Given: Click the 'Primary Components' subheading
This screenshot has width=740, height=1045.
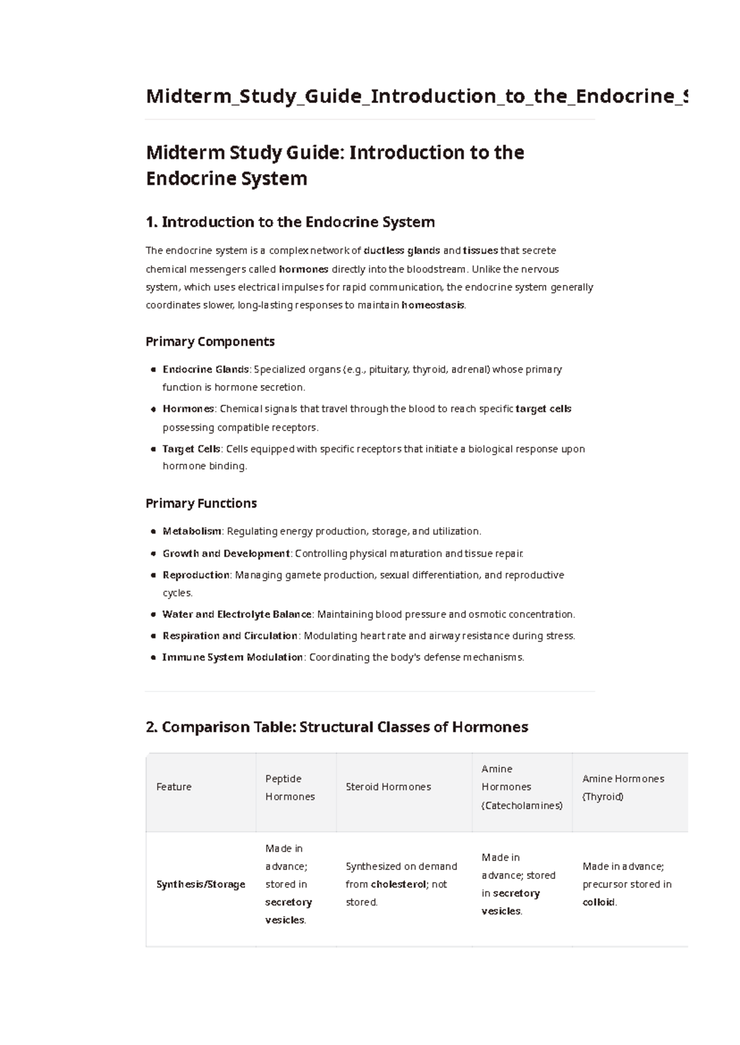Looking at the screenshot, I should click(x=210, y=342).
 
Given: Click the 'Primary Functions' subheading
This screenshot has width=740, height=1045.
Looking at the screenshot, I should click(x=201, y=503).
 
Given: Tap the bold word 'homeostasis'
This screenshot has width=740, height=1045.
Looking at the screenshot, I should click(x=432, y=305).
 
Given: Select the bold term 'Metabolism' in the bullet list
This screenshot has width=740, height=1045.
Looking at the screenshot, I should click(x=192, y=531).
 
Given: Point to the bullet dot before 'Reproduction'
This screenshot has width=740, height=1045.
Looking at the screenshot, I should click(x=153, y=575).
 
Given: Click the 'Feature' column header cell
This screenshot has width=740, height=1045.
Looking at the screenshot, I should click(x=174, y=787).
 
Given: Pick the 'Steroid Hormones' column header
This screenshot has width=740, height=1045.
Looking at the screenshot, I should click(x=388, y=787).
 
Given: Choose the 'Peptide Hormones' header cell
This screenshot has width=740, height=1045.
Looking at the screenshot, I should click(x=290, y=787).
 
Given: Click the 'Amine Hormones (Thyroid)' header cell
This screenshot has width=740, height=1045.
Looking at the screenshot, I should click(x=623, y=787).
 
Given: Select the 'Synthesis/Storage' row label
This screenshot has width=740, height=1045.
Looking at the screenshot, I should click(x=200, y=884).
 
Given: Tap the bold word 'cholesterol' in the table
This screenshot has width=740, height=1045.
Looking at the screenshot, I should click(x=398, y=884).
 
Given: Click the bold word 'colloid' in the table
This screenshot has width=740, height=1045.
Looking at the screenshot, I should click(x=598, y=902).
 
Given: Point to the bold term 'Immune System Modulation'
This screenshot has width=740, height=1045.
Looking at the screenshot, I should click(x=232, y=657).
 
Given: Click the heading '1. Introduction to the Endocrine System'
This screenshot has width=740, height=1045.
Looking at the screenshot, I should click(x=290, y=222).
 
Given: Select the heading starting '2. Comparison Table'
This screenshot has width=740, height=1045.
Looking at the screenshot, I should click(x=337, y=727).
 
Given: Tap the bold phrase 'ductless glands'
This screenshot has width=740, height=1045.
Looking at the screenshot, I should click(x=401, y=250).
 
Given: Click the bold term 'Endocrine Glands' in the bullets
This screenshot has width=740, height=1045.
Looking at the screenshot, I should click(x=205, y=370).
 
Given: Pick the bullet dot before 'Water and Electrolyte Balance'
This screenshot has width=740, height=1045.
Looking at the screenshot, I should click(x=153, y=614).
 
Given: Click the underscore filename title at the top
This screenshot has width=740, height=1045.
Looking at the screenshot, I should click(x=416, y=96).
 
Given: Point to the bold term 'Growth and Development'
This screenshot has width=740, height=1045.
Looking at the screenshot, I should click(x=226, y=553).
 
